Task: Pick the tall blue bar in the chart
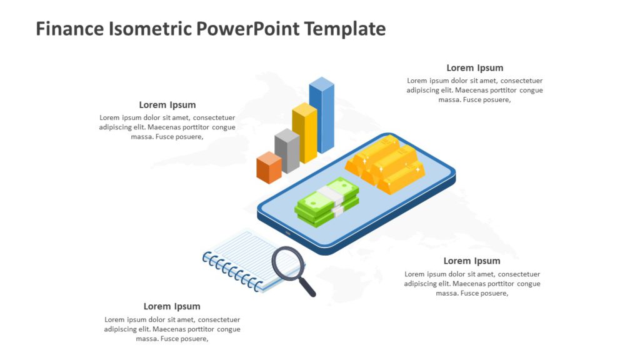[x=322, y=116]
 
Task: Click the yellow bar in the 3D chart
[x=304, y=133]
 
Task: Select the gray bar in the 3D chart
[x=287, y=151]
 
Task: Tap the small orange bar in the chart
[x=269, y=167]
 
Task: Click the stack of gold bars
[x=385, y=164]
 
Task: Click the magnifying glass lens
[x=288, y=263]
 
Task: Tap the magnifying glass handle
[x=308, y=287]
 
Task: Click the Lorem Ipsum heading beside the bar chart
[x=167, y=105]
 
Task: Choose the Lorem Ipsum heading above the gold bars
[x=475, y=68]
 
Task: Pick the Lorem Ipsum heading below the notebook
[x=172, y=306]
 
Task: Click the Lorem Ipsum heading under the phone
[x=472, y=261]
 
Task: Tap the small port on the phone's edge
[x=288, y=232]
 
